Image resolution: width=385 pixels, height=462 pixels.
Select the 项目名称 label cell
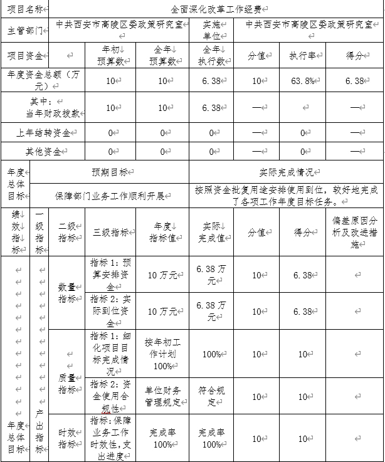[24, 10]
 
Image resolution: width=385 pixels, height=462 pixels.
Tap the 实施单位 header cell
[211, 29]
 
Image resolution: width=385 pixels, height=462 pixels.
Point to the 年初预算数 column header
[113, 55]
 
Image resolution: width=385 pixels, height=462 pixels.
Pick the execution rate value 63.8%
[302, 80]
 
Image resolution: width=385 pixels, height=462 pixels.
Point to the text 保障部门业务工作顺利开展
[110, 196]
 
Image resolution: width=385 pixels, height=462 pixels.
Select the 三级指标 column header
[110, 232]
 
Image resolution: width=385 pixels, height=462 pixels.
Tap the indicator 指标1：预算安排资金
[110, 275]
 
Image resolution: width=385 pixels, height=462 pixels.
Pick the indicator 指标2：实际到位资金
[110, 311]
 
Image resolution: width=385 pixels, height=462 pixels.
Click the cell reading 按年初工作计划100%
[162, 354]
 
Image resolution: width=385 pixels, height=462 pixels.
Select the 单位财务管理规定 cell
[162, 396]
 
